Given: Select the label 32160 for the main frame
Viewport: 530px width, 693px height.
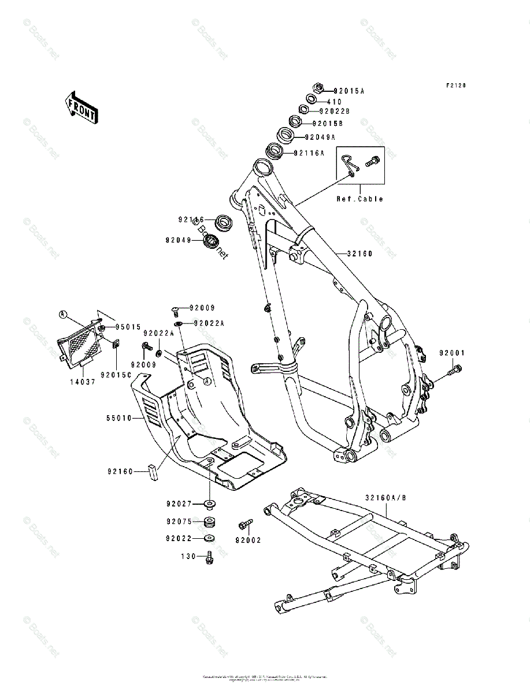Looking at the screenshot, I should click(x=359, y=254).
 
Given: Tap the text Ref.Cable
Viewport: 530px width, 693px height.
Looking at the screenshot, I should click(x=360, y=199).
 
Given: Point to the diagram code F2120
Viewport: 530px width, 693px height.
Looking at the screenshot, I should click(x=455, y=85).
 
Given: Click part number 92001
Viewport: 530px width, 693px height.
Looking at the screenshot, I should click(x=451, y=353).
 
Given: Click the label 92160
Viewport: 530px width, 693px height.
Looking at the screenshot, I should click(x=120, y=471).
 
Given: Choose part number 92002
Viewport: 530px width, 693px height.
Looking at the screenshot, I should click(x=248, y=541).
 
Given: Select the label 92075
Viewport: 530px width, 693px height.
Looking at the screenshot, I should click(x=179, y=521).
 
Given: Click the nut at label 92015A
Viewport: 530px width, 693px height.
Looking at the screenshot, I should click(x=317, y=88).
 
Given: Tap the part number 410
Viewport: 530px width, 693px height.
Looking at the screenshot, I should click(x=350, y=102).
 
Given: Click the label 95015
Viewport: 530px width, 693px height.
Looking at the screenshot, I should click(x=128, y=327).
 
